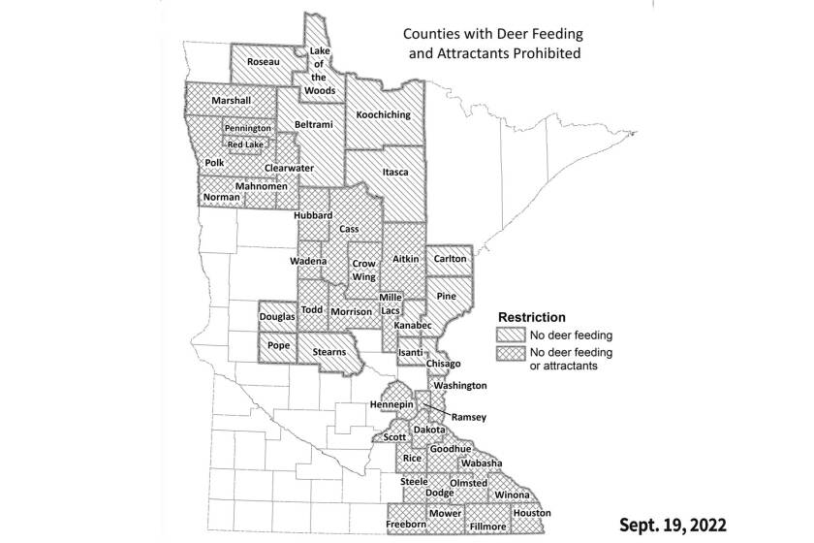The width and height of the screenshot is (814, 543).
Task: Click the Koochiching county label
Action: coord(383,114)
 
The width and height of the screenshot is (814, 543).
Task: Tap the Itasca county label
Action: coord(395,173)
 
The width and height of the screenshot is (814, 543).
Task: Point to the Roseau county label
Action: coord(264,62)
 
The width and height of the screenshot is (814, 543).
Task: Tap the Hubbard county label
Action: coord(315,214)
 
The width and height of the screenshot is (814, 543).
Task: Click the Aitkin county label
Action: coord(404,260)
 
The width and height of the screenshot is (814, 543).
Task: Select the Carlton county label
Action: coord(451,259)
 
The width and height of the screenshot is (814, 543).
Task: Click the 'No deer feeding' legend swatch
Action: coord(508,335)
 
